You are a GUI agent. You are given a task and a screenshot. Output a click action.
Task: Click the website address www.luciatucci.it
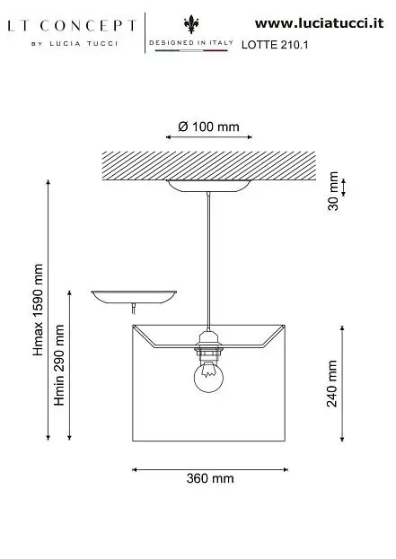click(x=319, y=23)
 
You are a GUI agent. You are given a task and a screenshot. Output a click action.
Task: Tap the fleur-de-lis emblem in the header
click(x=191, y=24)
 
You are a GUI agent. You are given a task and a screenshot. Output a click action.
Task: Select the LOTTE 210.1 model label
click(x=275, y=45)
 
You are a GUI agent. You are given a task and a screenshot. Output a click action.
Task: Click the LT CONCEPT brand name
click(x=72, y=26)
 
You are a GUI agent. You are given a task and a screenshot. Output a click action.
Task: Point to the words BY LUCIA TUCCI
click(x=75, y=44)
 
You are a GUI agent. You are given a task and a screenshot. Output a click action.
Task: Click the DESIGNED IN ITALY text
click(x=191, y=42)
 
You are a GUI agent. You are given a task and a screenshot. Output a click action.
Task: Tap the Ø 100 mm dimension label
click(x=208, y=127)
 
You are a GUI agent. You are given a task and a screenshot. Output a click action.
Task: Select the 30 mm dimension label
click(x=333, y=191)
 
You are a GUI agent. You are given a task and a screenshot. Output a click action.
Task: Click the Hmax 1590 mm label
click(x=38, y=310)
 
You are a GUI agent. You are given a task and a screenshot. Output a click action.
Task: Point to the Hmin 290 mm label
click(x=59, y=365)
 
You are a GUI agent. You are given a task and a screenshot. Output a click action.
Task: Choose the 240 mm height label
click(x=332, y=383)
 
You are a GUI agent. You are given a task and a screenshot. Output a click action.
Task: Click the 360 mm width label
click(x=210, y=478)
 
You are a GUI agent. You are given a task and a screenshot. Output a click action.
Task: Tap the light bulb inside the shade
click(x=208, y=377)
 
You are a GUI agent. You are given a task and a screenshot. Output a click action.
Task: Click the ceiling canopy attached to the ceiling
click(x=209, y=186)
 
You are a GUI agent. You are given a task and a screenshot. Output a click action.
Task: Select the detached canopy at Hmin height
click(x=134, y=297)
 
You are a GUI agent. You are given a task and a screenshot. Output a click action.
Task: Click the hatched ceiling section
click(x=209, y=166)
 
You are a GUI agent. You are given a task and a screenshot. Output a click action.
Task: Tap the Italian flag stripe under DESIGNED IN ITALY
click(x=191, y=50)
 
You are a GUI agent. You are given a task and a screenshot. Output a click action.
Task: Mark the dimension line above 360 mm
click(x=210, y=469)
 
